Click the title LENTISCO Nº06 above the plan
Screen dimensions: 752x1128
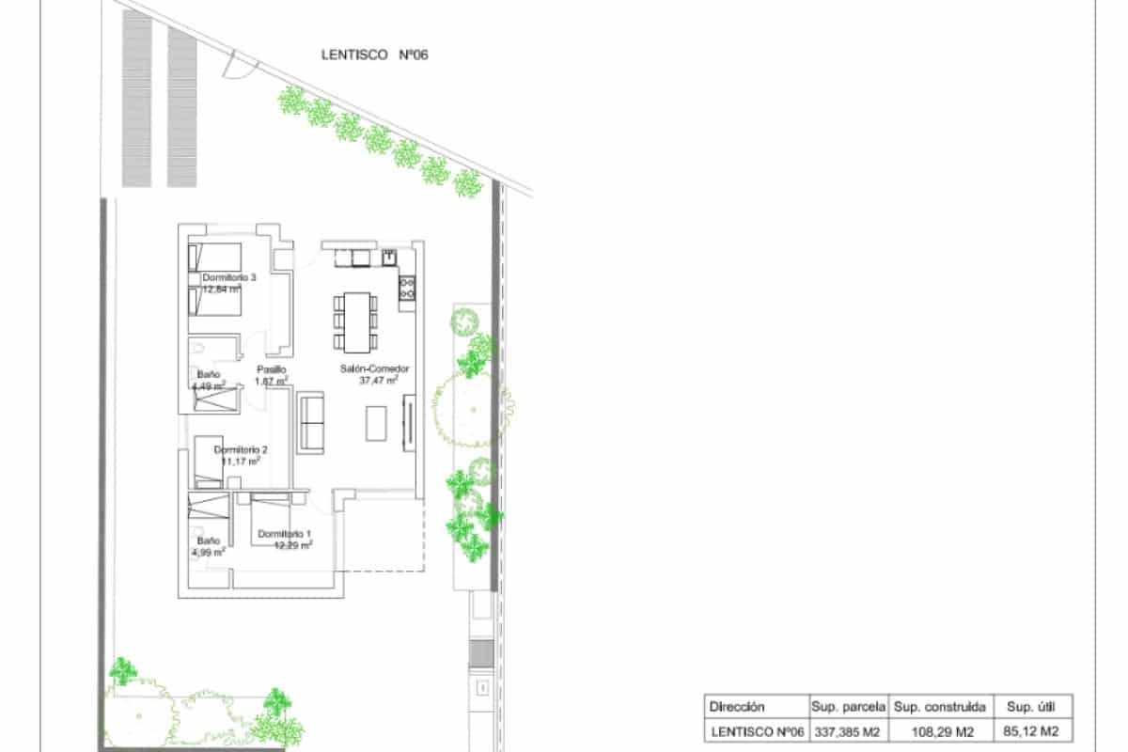(x=374, y=55)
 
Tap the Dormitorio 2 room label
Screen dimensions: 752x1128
(x=239, y=449)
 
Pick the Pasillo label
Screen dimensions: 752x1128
(x=272, y=369)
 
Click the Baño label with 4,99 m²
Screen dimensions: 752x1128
(x=209, y=541)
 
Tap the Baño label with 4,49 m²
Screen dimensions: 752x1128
(x=208, y=374)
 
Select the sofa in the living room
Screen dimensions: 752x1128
(x=311, y=423)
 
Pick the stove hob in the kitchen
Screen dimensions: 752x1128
(x=407, y=288)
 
